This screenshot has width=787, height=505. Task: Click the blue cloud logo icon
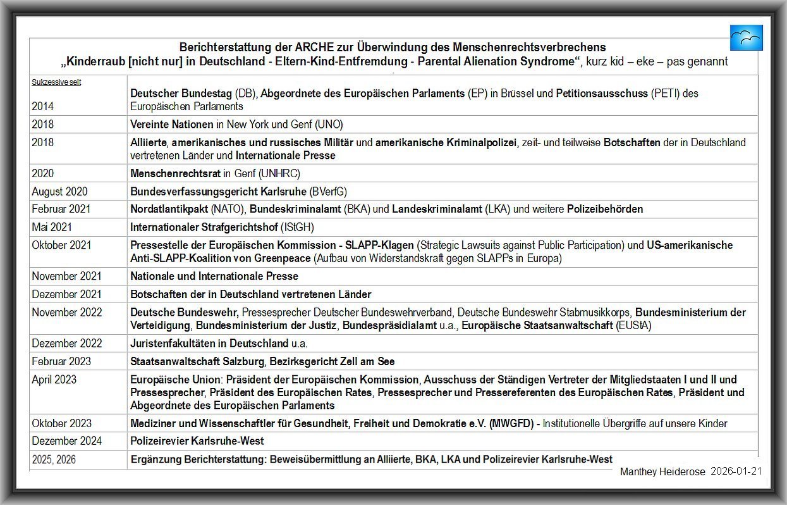click(x=746, y=38)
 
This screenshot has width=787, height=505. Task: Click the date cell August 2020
click(x=59, y=191)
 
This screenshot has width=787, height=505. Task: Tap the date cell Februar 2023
click(x=61, y=361)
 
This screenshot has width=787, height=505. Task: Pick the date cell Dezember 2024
click(x=66, y=440)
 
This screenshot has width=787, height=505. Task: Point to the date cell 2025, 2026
click(x=54, y=459)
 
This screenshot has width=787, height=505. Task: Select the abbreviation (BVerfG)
click(x=327, y=191)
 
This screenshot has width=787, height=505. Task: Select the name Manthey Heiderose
click(x=662, y=472)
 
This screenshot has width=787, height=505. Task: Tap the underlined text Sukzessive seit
click(x=56, y=82)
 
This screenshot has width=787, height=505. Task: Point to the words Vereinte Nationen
click(x=172, y=125)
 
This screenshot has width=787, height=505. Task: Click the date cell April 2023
click(x=54, y=380)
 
